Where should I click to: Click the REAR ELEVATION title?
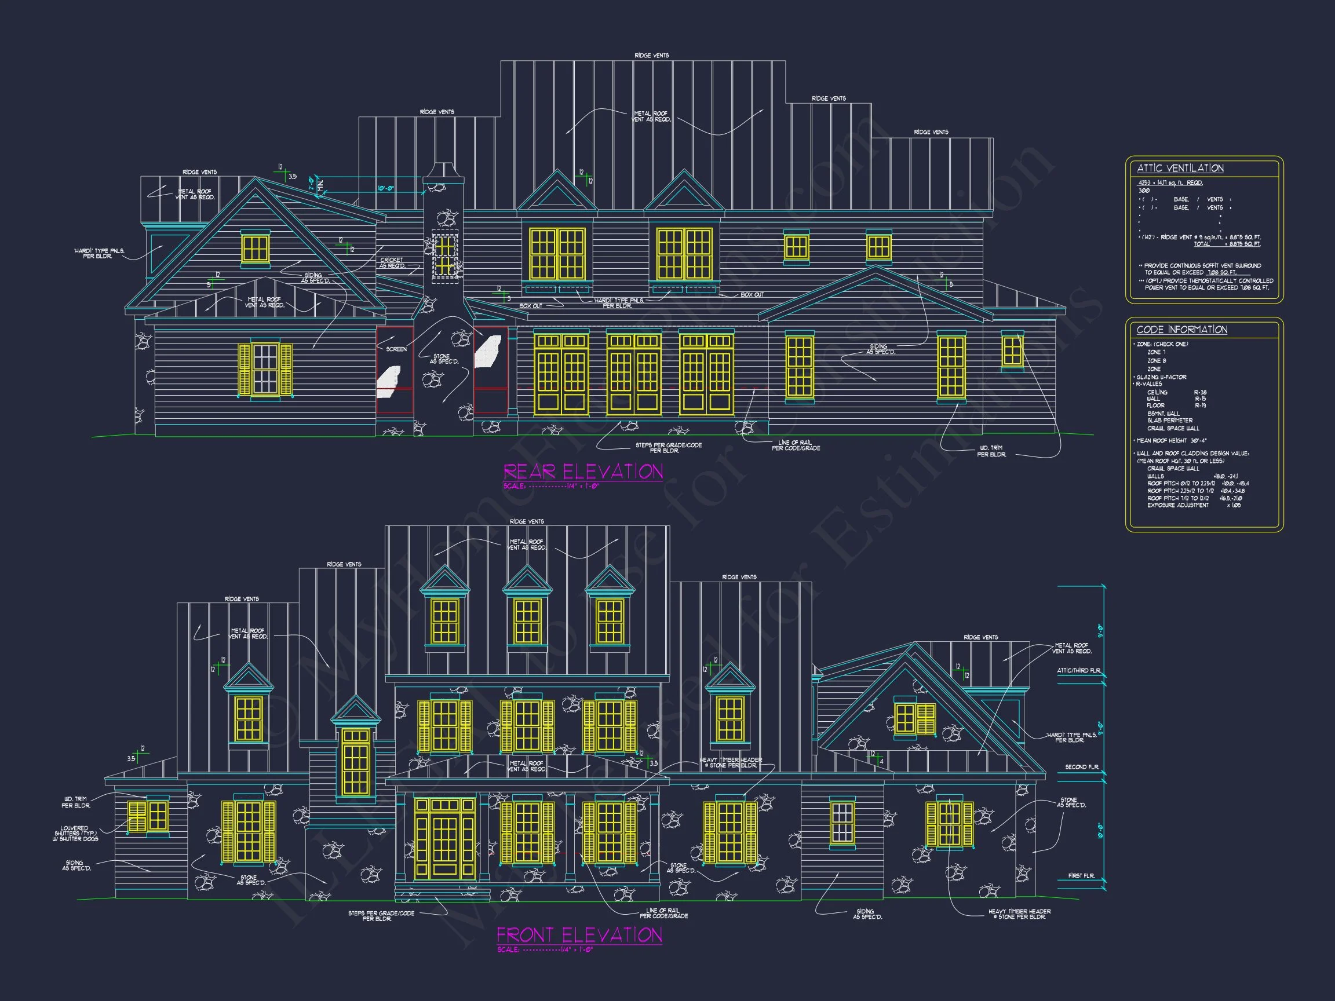click(583, 471)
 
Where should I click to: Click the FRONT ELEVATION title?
click(579, 935)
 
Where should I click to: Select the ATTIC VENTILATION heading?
click(1180, 169)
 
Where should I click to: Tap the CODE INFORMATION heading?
click(1181, 330)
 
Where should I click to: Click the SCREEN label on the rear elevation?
click(396, 349)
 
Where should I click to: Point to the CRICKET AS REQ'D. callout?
click(392, 263)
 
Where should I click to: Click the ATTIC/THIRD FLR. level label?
click(1078, 670)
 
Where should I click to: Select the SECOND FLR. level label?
click(1082, 767)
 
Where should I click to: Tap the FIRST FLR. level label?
click(1081, 875)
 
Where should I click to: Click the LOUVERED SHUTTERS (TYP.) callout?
click(75, 833)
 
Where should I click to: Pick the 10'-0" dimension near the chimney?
click(386, 189)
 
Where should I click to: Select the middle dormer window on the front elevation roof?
click(527, 622)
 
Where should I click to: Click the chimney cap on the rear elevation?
click(444, 170)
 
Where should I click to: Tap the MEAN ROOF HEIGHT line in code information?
click(1171, 440)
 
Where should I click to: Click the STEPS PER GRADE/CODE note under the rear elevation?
click(668, 448)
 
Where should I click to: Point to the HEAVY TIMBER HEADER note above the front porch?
click(730, 763)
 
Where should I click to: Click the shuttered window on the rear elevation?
click(265, 369)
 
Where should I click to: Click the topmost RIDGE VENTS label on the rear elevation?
click(651, 56)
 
